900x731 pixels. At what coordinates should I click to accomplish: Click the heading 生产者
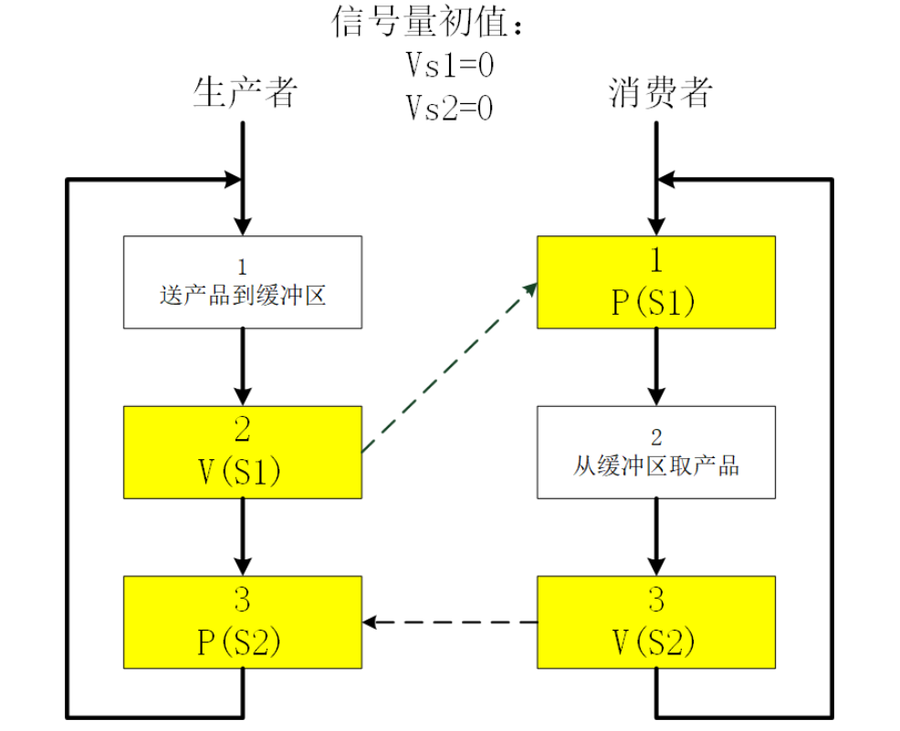tap(245, 92)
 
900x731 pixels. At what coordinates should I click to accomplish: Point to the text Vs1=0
tap(450, 66)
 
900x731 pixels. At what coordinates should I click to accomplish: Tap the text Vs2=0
tap(450, 109)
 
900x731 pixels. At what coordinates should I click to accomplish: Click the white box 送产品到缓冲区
tap(243, 282)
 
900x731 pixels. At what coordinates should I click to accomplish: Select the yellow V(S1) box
tap(243, 453)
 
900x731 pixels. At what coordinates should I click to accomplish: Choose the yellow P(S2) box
tap(243, 622)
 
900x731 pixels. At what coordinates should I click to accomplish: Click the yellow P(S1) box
tap(656, 282)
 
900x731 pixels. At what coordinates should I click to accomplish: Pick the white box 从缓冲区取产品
tap(656, 453)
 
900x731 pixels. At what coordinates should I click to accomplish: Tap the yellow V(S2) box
tap(656, 622)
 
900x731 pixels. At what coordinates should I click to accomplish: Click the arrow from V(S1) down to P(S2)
tap(243, 537)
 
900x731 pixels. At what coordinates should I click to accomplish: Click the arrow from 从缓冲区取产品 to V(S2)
tap(656, 537)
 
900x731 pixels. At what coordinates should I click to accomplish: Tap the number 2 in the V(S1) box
tap(243, 429)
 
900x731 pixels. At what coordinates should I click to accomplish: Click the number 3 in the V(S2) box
tap(656, 600)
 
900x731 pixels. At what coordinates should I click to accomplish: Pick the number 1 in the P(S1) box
tap(656, 259)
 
